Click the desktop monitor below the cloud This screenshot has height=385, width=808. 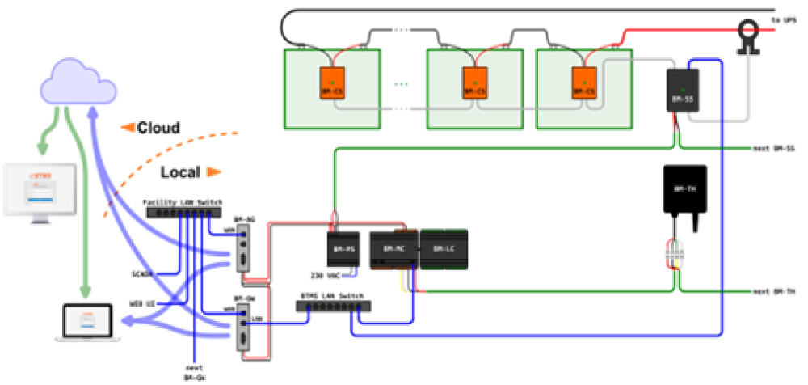pos(40,189)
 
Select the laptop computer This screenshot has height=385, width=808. pos(88,322)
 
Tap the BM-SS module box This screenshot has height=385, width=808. pos(683,91)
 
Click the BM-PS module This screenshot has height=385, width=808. pos(343,250)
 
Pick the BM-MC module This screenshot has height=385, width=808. pos(393,249)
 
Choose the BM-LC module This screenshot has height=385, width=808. pos(444,249)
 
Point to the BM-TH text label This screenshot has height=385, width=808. pos(685,188)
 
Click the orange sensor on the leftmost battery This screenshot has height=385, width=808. pos(332,82)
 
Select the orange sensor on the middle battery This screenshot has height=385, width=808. pos(474,82)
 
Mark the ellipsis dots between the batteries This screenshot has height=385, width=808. pos(402,83)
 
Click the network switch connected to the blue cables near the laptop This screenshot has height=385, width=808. pos(183,213)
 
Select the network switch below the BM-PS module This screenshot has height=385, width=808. pos(333,307)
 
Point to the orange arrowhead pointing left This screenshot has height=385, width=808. pos(128,127)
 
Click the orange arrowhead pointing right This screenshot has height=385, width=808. pos(213,171)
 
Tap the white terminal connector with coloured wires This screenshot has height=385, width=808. pos(674,254)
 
